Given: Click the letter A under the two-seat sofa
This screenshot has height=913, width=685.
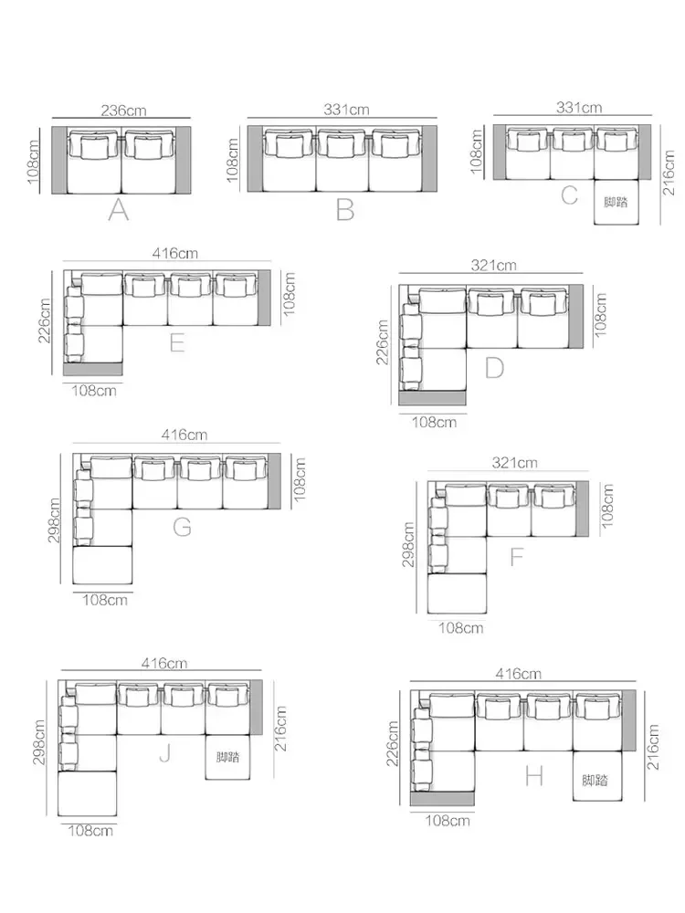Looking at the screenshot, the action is coord(118,210).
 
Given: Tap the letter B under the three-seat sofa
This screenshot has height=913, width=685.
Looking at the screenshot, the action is coord(345,210).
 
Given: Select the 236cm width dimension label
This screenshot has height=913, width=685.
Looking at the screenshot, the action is coord(123,110).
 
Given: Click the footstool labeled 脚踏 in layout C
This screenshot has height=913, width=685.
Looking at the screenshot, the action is coord(616,202).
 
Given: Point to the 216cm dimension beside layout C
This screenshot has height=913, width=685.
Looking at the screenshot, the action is coord(669,173).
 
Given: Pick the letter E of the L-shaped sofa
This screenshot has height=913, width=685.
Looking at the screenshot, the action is coord(177,343).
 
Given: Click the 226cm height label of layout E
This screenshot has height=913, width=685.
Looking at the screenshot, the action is coord(45,320).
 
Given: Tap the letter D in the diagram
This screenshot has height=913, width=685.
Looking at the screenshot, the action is coord(494,368).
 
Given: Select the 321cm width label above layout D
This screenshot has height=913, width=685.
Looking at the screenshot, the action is coord(493,266).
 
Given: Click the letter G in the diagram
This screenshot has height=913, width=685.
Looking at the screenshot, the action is coord(183,527).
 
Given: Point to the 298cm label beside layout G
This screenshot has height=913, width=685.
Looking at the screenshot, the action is coord(54,520).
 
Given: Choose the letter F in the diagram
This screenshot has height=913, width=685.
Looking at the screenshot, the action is coord(516,557).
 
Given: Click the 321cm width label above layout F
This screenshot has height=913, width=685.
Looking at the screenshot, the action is coord(514,463).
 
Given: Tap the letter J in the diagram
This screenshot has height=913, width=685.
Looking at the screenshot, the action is coord(164,753).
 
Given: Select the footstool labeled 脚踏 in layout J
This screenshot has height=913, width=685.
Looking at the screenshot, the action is coord(227,757).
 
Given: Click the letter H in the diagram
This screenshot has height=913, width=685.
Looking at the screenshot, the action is coord(534,776).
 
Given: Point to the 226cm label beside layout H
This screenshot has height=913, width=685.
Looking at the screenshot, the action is coord(392,743).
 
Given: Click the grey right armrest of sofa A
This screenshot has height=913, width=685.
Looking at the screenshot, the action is coord(184,160).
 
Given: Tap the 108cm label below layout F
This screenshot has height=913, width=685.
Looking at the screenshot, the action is coord(460,628).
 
